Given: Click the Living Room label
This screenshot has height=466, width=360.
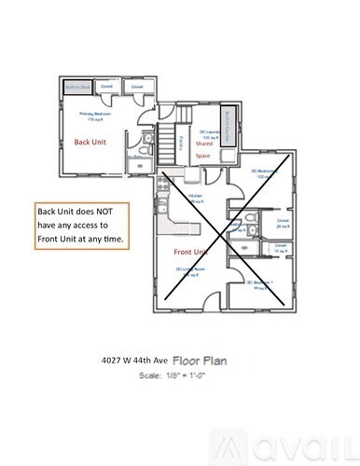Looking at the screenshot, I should point(191,268).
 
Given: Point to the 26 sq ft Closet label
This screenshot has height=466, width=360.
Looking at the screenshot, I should point(282,224).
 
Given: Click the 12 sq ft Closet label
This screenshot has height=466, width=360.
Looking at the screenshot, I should point(280,249).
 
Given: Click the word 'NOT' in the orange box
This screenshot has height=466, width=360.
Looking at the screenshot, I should point(109,212).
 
